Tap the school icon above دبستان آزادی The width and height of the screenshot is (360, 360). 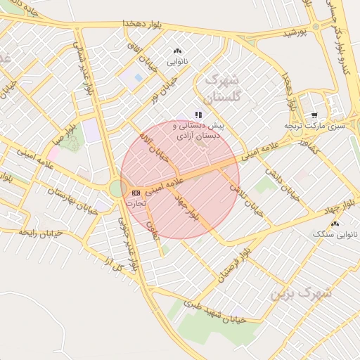[199, 114]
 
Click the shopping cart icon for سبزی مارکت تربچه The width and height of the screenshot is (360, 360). [314, 115]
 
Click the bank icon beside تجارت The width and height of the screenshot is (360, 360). [136, 193]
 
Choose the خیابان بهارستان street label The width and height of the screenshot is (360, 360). [70, 199]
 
